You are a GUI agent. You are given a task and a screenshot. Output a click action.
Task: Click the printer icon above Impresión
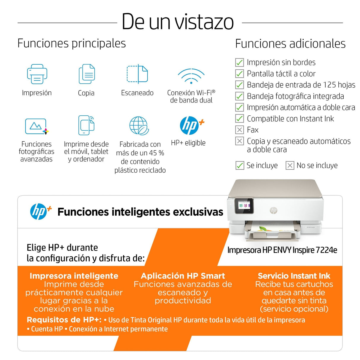tap(37, 74)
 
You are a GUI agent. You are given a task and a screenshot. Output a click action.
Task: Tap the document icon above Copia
tap(87, 74)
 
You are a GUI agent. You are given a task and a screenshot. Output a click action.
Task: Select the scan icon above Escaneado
tap(137, 74)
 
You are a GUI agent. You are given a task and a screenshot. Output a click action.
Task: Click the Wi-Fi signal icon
tap(191, 76)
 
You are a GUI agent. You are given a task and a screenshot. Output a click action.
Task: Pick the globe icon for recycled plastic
tap(139, 126)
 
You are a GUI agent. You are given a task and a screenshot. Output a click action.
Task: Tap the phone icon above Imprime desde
tap(86, 125)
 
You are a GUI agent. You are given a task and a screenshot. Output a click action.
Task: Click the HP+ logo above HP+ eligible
tap(191, 125)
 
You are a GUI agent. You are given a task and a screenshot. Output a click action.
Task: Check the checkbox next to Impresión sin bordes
tap(239, 63)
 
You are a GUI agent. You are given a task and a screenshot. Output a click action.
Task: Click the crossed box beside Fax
tap(239, 130)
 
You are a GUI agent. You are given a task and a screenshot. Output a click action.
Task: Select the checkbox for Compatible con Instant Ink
tap(239, 119)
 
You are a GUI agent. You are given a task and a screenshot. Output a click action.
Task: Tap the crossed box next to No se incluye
tap(290, 165)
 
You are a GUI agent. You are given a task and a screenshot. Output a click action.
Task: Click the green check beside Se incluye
tap(240, 165)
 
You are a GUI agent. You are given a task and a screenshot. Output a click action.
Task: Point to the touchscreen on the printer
tap(244, 206)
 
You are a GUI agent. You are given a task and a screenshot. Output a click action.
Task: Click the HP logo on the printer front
tap(273, 210)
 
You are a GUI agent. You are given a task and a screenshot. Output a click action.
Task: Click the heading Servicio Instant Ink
tap(294, 276)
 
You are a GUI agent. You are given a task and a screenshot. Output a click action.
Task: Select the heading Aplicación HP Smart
tap(183, 276)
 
